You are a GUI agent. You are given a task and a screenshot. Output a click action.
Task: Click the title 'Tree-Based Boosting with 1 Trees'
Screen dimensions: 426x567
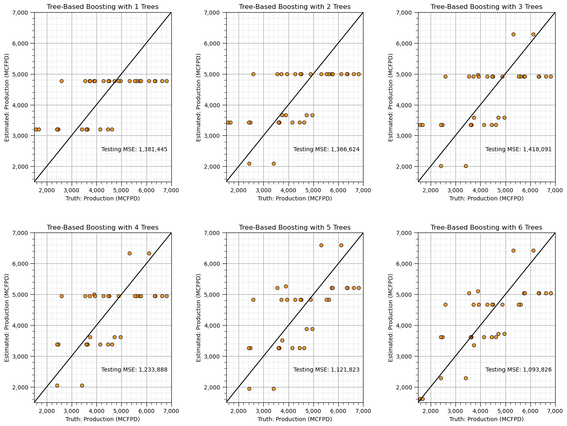pos(103,7)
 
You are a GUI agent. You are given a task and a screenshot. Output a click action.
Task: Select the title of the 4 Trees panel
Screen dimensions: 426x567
pos(103,228)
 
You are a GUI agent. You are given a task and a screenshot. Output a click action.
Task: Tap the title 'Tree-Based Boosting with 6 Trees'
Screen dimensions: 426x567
pos(486,228)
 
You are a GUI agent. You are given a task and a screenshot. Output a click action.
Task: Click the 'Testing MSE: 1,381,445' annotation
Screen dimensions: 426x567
pos(134,150)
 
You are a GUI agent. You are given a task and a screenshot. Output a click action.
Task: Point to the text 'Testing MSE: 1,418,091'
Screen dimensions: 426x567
pos(519,150)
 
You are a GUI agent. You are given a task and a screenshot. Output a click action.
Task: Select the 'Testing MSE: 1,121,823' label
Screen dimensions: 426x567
pos(326,370)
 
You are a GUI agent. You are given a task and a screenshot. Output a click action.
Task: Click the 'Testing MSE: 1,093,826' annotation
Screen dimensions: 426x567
pos(519,370)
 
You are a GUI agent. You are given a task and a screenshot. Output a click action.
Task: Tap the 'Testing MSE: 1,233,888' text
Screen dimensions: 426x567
pos(134,370)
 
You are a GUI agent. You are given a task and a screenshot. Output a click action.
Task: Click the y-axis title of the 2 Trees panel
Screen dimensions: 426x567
pos(199,97)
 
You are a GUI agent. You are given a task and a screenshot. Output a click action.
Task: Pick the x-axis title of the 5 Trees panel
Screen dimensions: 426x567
pos(295,419)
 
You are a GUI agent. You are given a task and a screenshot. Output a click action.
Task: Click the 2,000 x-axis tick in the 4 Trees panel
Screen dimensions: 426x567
pos(47,411)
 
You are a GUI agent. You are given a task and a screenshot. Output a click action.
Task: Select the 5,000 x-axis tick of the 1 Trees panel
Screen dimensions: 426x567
pos(121,190)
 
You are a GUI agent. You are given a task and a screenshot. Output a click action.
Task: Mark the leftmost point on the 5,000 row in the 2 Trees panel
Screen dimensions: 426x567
pos(253,74)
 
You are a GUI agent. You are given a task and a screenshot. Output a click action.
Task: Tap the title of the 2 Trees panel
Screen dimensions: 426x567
pos(295,7)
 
